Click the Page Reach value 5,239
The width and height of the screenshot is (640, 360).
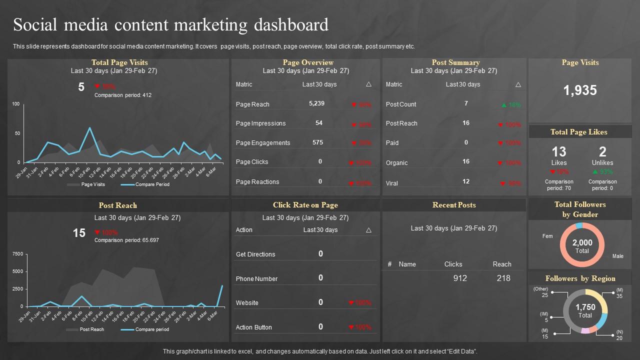coord(316,103)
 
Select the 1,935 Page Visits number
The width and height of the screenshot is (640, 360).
coord(580,90)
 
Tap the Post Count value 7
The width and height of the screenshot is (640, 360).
coord(466,103)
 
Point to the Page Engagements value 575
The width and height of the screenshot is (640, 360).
coord(317,142)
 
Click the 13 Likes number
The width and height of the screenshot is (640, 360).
coord(558,151)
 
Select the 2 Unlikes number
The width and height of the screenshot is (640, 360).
coord(602,151)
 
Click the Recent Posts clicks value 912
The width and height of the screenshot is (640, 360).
coord(459,278)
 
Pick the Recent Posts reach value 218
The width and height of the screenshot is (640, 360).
coord(503,278)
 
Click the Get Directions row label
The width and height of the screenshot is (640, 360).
coord(255,254)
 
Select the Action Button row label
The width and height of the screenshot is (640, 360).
coord(254,327)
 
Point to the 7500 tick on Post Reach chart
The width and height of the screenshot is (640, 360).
coord(17,254)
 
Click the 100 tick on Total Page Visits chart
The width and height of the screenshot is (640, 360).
coord(15,104)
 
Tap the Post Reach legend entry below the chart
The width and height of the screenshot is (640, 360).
coord(91,329)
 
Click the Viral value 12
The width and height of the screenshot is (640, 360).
coord(466,181)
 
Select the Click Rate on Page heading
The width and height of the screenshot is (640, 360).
coord(305,205)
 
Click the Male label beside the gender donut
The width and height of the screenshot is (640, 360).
coord(617,256)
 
